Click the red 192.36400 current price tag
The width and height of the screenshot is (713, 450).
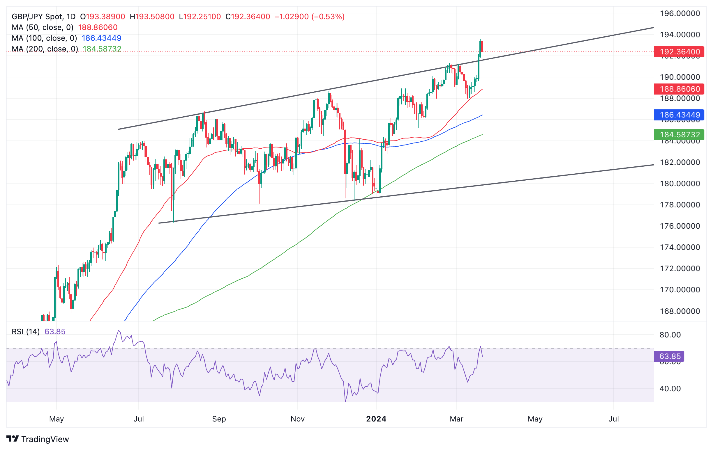[x=679, y=52]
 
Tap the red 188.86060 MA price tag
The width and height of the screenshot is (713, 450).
[x=679, y=89]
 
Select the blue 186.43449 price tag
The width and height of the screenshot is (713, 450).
[x=679, y=115]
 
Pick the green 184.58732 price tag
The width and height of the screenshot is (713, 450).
[x=679, y=134]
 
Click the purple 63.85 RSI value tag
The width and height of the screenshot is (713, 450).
[x=669, y=356]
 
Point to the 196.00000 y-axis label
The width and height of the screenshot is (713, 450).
[x=680, y=13]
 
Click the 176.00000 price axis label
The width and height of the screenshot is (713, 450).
[x=680, y=226]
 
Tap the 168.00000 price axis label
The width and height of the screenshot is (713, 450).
[x=680, y=311]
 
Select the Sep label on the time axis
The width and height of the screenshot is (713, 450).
[x=219, y=419]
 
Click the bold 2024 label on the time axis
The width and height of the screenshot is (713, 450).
[x=376, y=419]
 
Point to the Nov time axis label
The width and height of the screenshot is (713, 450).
[x=297, y=419]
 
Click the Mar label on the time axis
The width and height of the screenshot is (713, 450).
[x=456, y=419]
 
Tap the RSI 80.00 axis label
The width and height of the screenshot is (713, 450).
[x=670, y=335]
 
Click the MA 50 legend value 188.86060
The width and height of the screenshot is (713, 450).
[x=98, y=28]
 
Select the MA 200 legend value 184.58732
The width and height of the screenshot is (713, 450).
[x=102, y=49]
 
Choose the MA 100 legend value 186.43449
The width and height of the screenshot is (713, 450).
[x=101, y=38]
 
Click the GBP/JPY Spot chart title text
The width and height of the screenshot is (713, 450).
[x=37, y=17]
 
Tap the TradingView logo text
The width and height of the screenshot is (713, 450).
[x=45, y=439]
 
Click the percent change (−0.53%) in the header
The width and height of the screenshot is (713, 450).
[x=328, y=17]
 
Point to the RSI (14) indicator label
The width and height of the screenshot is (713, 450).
[x=25, y=331]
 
